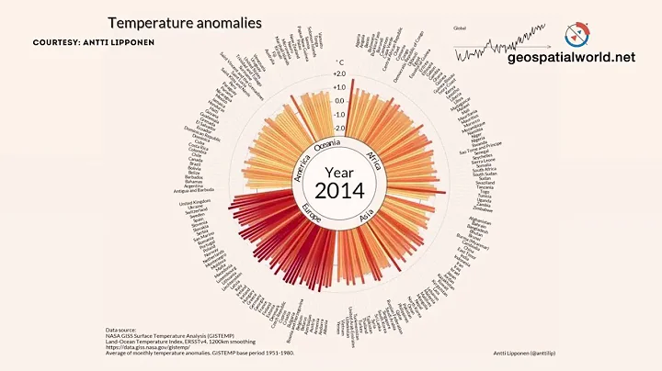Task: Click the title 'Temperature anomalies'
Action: pyautogui.click(x=185, y=22)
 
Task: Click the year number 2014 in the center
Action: pyautogui.click(x=339, y=191)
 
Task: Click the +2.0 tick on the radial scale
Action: pyautogui.click(x=339, y=74)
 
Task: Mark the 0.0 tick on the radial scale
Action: pyautogui.click(x=339, y=101)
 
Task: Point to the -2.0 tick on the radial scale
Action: pyautogui.click(x=339, y=129)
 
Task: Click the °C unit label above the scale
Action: pyautogui.click(x=339, y=62)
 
